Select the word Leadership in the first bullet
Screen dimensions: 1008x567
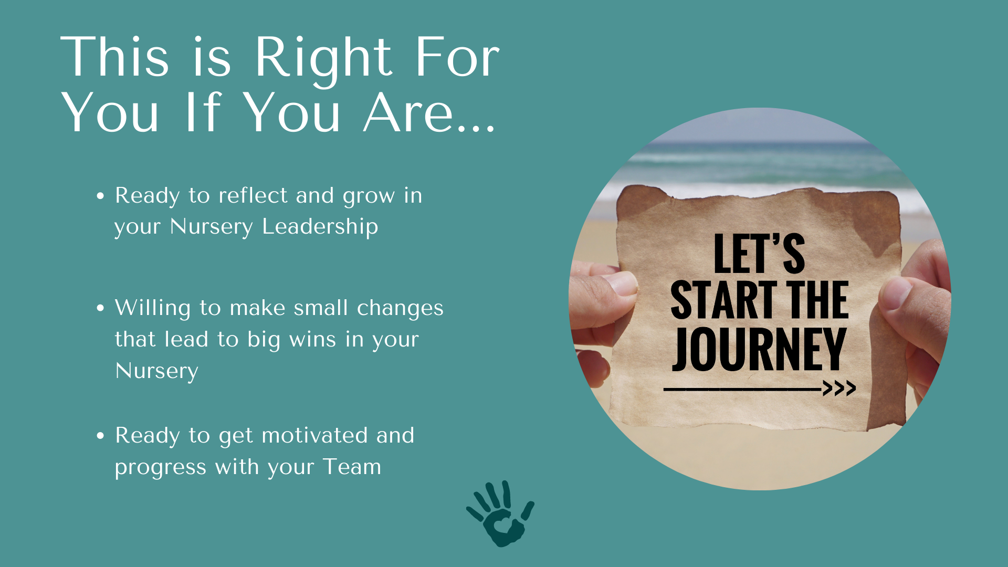pyautogui.click(x=320, y=227)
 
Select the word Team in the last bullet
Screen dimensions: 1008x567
pyautogui.click(x=352, y=467)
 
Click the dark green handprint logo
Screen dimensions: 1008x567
pyautogui.click(x=500, y=514)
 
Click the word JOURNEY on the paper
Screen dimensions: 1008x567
pyautogui.click(x=759, y=349)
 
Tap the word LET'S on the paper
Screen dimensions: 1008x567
pyautogui.click(x=759, y=254)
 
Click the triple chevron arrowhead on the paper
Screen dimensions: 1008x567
pyautogui.click(x=839, y=388)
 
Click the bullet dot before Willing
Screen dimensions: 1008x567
pyautogui.click(x=100, y=308)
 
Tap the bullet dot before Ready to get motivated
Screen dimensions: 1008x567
pyautogui.click(x=100, y=435)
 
